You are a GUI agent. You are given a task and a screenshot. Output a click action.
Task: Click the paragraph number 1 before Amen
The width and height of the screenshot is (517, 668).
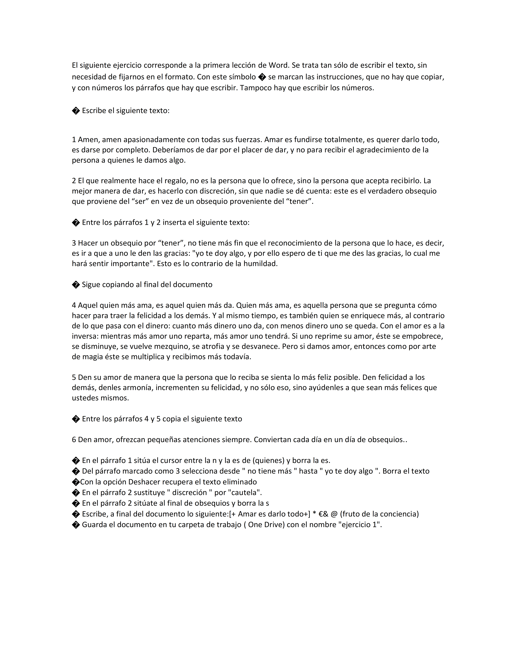pyautogui.click(x=74, y=140)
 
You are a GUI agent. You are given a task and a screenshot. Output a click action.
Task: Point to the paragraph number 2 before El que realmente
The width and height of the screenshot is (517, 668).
pyautogui.click(x=74, y=181)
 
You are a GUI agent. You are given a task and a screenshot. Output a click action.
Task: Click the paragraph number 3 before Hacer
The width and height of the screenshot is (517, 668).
pyautogui.click(x=74, y=243)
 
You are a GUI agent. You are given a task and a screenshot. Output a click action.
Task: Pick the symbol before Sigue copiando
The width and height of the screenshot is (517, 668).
pyautogui.click(x=76, y=285)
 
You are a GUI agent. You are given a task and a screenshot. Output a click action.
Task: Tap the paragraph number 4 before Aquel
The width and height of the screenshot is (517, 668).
pyautogui.click(x=74, y=305)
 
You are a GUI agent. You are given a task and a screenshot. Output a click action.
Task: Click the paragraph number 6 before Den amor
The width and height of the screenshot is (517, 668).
pyautogui.click(x=74, y=440)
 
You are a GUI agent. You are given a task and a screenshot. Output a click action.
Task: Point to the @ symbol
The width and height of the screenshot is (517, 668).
pyautogui.click(x=334, y=514)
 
